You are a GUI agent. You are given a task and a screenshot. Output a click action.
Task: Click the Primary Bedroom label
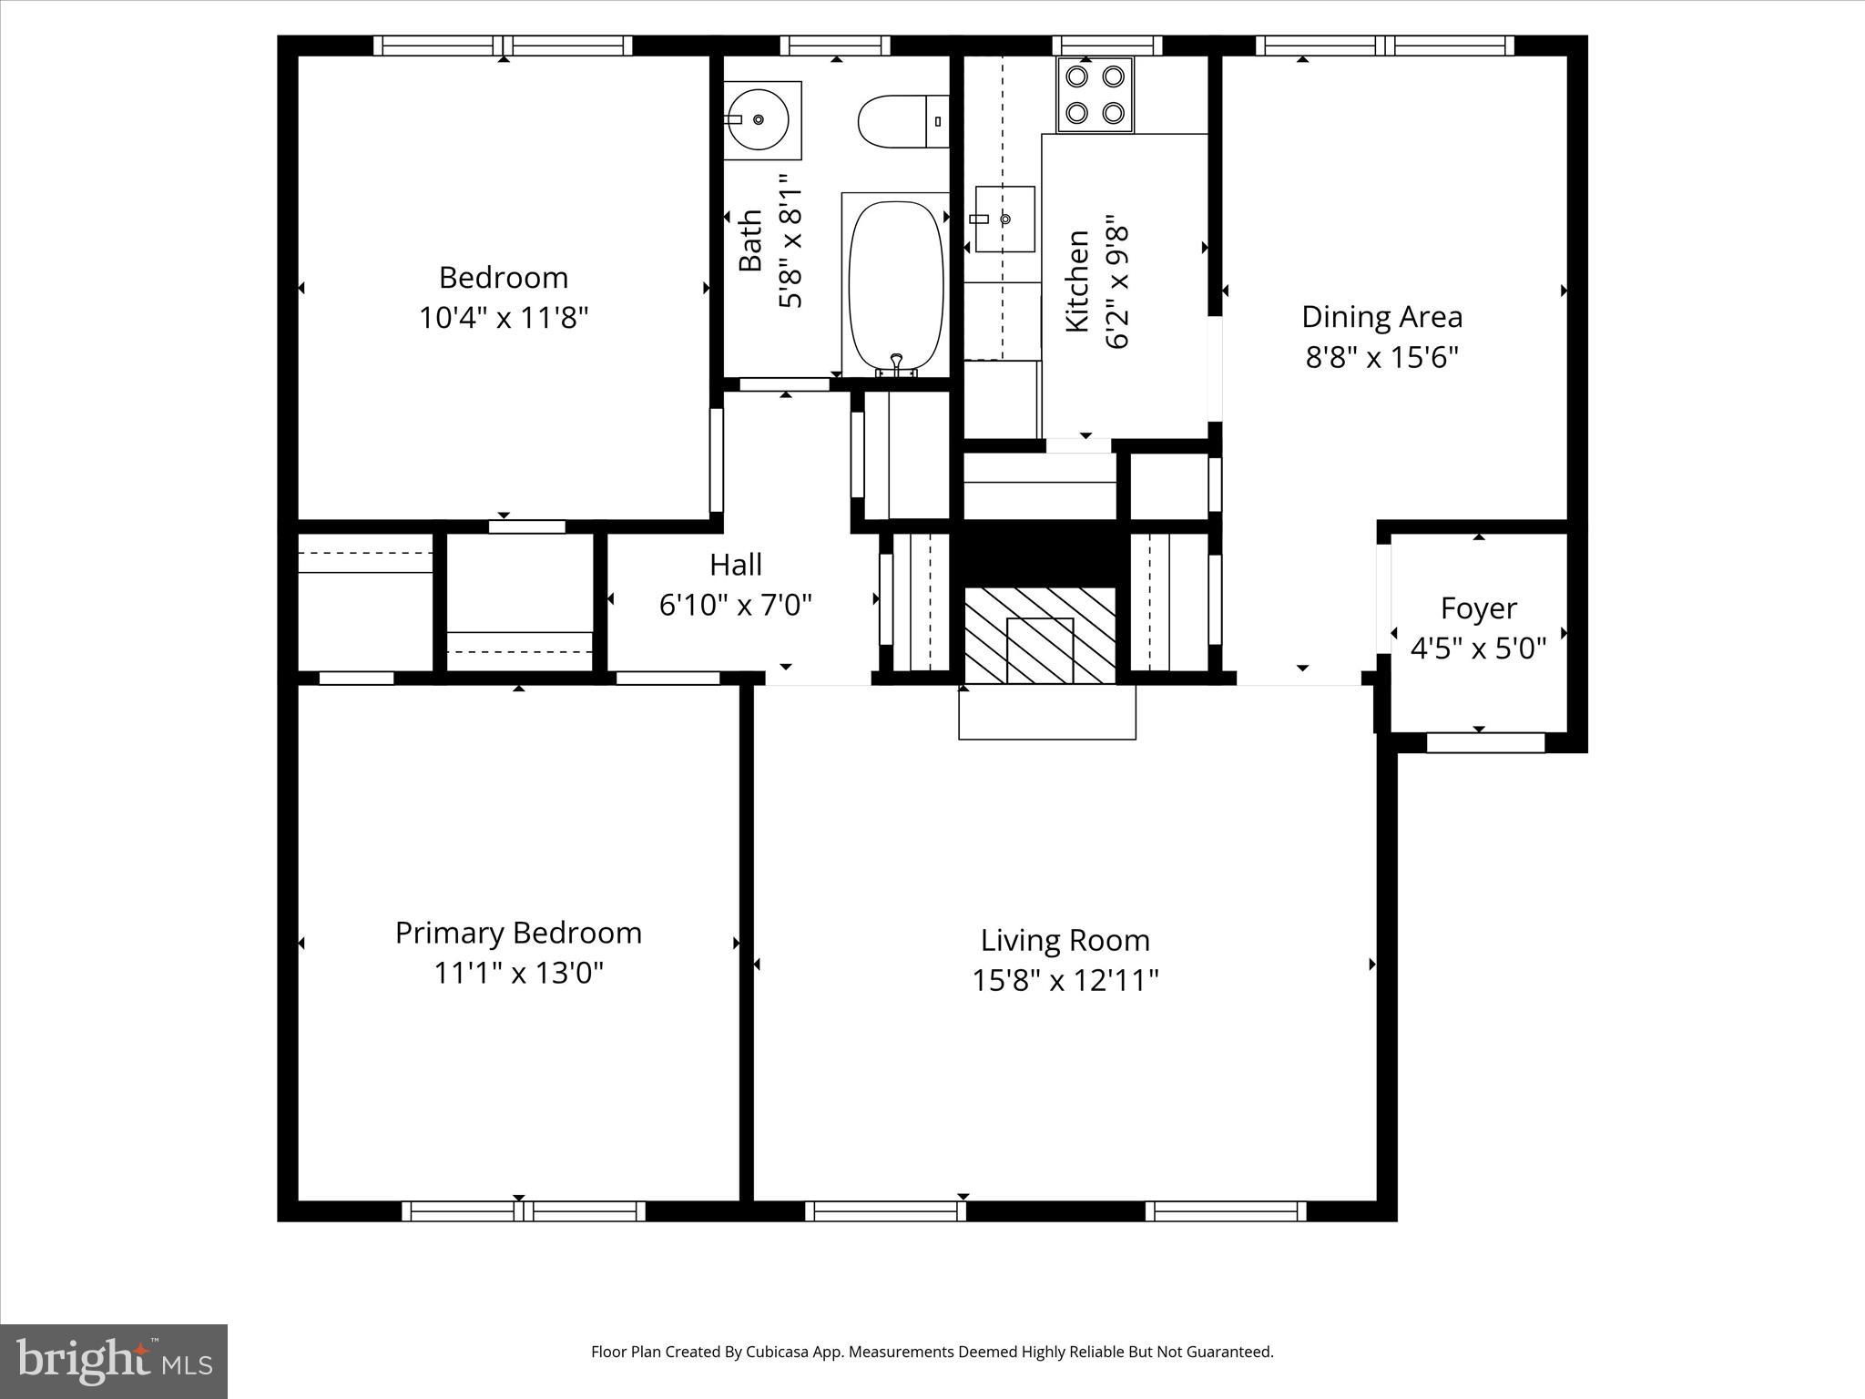[x=518, y=933]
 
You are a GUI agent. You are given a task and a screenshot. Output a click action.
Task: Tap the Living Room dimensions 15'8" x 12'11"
[x=1065, y=981]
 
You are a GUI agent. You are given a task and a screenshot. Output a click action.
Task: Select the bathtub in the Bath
[x=896, y=284]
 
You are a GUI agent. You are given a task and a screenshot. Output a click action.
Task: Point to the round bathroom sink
[x=759, y=120]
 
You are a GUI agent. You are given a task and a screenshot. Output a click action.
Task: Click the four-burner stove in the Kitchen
[x=1095, y=95]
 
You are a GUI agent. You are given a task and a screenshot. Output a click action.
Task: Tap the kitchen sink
[x=1005, y=219]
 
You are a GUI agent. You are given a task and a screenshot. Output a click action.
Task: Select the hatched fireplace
[x=1040, y=635]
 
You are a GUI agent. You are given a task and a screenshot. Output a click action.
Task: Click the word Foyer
[x=1478, y=608]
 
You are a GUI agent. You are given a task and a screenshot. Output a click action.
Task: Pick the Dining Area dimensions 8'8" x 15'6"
[x=1381, y=357]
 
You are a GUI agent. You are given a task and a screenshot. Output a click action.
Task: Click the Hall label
[x=735, y=565]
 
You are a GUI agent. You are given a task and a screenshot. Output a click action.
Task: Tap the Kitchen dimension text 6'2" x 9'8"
[x=1117, y=282]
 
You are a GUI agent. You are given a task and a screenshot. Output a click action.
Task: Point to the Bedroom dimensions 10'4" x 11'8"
[x=504, y=318]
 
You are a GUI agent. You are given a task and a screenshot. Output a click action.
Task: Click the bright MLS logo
[x=114, y=1362]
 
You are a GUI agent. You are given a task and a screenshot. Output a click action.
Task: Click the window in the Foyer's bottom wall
[x=1485, y=743]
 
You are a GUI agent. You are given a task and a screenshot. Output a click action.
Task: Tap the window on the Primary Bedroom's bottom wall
[x=524, y=1210]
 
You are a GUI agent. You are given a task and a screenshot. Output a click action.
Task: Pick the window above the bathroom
[x=835, y=46]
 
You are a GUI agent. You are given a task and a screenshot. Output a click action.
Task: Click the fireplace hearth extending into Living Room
[x=1047, y=712]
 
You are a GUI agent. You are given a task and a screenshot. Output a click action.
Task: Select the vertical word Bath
[x=750, y=240]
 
